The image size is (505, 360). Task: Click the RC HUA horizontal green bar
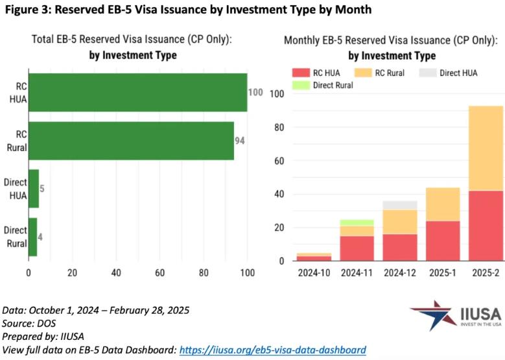click(x=137, y=93)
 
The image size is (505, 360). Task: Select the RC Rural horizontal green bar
click(x=131, y=141)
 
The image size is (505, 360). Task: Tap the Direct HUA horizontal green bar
click(x=34, y=189)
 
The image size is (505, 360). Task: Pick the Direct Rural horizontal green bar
click(x=33, y=236)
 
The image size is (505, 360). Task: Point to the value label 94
click(x=239, y=141)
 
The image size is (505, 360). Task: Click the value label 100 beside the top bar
click(x=255, y=93)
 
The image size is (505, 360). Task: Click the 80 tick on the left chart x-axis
click(x=204, y=272)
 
